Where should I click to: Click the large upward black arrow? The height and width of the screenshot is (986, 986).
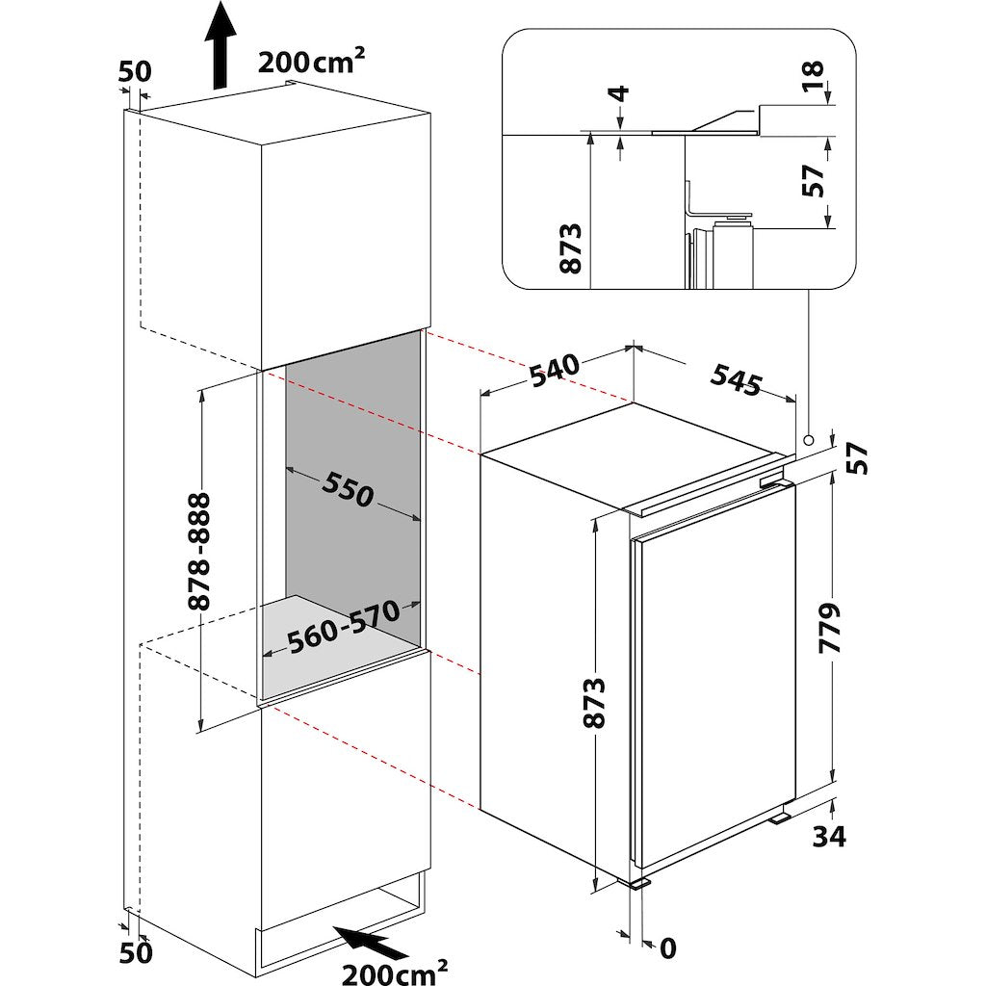click(x=220, y=45)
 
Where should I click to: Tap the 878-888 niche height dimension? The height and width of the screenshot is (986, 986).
click(x=199, y=552)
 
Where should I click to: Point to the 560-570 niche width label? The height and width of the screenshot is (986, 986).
click(x=344, y=628)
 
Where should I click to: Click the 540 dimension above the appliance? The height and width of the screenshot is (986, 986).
click(x=554, y=373)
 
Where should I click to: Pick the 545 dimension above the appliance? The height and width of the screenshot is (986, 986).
click(x=737, y=379)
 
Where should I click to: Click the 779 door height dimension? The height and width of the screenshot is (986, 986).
click(x=829, y=628)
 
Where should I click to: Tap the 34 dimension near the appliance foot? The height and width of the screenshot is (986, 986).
click(x=829, y=837)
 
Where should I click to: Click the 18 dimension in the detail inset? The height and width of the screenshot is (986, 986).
click(x=813, y=77)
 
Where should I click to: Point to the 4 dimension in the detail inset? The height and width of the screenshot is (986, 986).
click(x=620, y=93)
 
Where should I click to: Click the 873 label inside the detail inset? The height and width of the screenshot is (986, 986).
click(x=571, y=248)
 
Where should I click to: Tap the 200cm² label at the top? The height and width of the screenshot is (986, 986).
click(x=311, y=61)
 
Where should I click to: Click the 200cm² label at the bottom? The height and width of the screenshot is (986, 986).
click(x=395, y=973)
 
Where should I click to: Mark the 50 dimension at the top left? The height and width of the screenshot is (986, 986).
click(x=135, y=71)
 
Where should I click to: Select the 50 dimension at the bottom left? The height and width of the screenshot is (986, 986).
click(x=136, y=952)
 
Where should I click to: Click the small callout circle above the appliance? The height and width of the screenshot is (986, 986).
click(x=808, y=438)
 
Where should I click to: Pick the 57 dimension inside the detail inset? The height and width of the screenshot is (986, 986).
click(x=813, y=181)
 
